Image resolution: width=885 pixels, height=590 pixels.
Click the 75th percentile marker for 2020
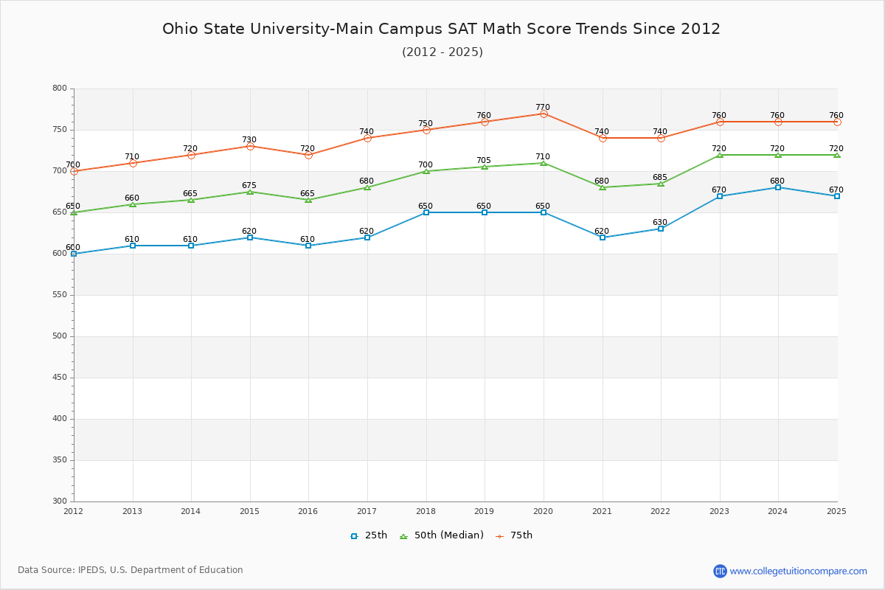pyautogui.click(x=544, y=114)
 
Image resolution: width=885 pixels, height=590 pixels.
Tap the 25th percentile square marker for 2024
pyautogui.click(x=778, y=187)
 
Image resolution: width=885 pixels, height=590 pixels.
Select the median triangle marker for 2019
pyautogui.click(x=485, y=167)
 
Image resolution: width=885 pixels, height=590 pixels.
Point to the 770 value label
pyautogui.click(x=543, y=107)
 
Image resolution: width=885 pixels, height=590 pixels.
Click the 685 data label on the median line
pyautogui.click(x=660, y=177)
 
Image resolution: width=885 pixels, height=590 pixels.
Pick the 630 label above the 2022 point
pyautogui.click(x=660, y=222)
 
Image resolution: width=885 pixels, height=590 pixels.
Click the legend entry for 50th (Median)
pyautogui.click(x=441, y=535)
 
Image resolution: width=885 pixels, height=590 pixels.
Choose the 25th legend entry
pyautogui.click(x=369, y=535)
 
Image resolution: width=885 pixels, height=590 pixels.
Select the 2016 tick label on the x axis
pyautogui.click(x=308, y=510)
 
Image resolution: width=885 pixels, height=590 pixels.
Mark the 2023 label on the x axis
pyautogui.click(x=719, y=510)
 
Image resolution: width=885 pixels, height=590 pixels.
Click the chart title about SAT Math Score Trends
pyautogui.click(x=441, y=29)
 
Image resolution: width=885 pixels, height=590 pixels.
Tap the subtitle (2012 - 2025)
pyautogui.click(x=442, y=52)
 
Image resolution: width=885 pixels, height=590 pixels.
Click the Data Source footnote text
pyautogui.click(x=131, y=570)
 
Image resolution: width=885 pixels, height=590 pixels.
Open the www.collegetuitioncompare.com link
pyautogui.click(x=798, y=571)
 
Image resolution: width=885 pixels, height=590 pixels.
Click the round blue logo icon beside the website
pyautogui.click(x=720, y=571)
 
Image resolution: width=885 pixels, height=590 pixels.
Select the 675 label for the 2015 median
pyautogui.click(x=249, y=185)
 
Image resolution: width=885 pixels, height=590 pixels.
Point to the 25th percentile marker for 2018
pyautogui.click(x=426, y=212)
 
